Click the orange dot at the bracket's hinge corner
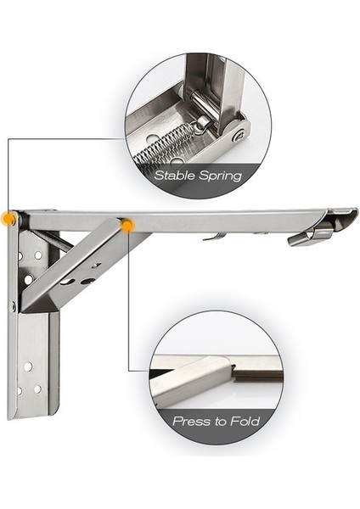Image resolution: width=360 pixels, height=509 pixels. click(x=8, y=218)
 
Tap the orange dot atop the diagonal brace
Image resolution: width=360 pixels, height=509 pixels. click(x=127, y=226)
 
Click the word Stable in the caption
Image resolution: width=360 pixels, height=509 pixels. click(x=174, y=176)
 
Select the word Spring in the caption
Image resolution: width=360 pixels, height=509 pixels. click(x=221, y=176)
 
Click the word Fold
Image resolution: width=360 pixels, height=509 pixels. click(x=245, y=421)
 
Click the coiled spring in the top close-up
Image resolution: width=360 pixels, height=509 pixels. click(x=162, y=143)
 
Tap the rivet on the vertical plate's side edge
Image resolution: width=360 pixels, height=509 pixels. click(x=14, y=306)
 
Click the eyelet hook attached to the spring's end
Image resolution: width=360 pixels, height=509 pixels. click(x=202, y=123)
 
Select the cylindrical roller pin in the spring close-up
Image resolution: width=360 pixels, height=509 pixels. click(x=203, y=103)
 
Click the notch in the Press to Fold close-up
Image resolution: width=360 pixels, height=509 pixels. click(x=233, y=367)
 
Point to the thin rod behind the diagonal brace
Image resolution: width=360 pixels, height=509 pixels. click(x=53, y=240)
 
